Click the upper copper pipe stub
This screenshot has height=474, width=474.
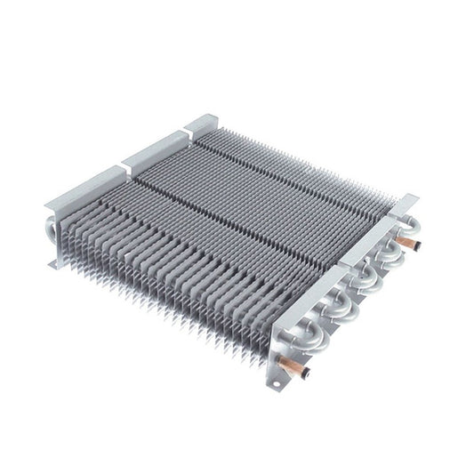(x=407, y=242)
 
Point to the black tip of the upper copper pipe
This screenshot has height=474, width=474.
(x=416, y=245)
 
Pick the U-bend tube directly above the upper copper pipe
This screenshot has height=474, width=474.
(x=411, y=225)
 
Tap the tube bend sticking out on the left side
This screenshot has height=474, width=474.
(x=48, y=227)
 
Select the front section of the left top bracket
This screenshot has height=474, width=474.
(x=84, y=185)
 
